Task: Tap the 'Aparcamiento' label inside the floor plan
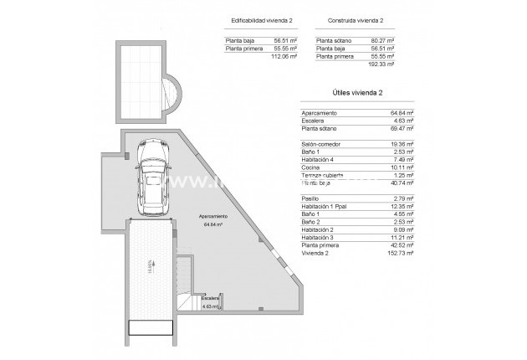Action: click(213, 217)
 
